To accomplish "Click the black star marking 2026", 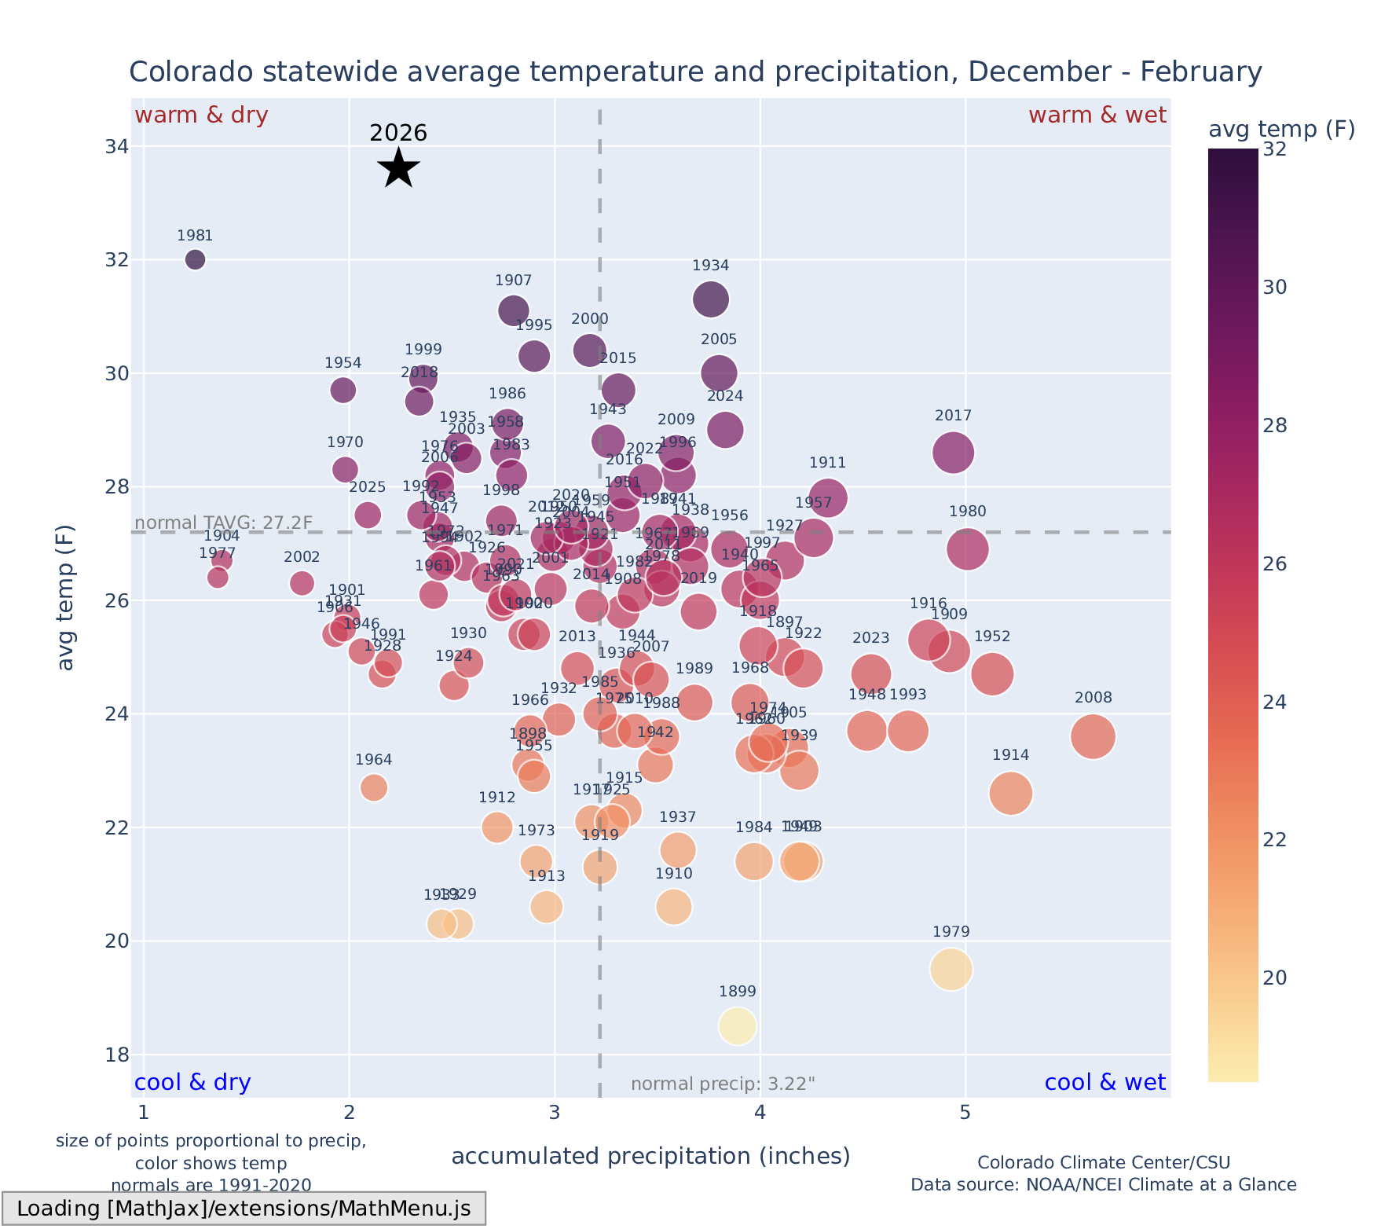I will (x=399, y=167).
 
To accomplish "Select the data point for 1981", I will (x=196, y=259).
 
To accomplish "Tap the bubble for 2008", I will (x=1093, y=737).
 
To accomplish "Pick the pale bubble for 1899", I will (x=737, y=1025).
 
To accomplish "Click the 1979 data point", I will (x=951, y=970).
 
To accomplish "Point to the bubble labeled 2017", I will (x=954, y=453).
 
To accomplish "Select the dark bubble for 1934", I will (x=711, y=299).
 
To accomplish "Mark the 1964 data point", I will (x=374, y=787).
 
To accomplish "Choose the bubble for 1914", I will (x=1011, y=794).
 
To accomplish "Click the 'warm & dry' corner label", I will (x=201, y=116).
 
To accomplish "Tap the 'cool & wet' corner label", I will (x=1104, y=1083).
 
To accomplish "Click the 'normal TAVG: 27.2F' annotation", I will (x=224, y=523).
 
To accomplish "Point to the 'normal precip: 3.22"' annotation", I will (x=723, y=1084).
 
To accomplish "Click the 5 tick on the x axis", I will (x=965, y=1113).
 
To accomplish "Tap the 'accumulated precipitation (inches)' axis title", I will (x=650, y=1156).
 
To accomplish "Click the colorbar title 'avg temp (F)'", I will (x=1281, y=129).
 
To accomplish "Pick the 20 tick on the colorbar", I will (x=1275, y=978).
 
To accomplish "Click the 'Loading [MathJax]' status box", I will (x=244, y=1209).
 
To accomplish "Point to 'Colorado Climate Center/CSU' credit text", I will (x=1103, y=1162).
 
